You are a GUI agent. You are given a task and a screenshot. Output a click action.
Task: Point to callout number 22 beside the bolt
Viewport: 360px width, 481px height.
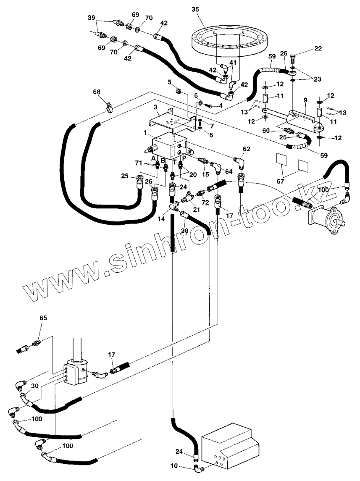coord(318,48)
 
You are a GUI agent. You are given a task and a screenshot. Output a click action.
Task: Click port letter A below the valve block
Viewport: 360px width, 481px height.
coord(154,158)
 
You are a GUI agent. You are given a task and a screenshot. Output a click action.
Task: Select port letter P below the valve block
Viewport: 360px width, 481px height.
coord(184,158)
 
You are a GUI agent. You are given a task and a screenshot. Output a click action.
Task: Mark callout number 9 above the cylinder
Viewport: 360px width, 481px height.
coord(305,101)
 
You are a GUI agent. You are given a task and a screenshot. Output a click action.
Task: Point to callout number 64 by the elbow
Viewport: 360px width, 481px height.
coord(228,171)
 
